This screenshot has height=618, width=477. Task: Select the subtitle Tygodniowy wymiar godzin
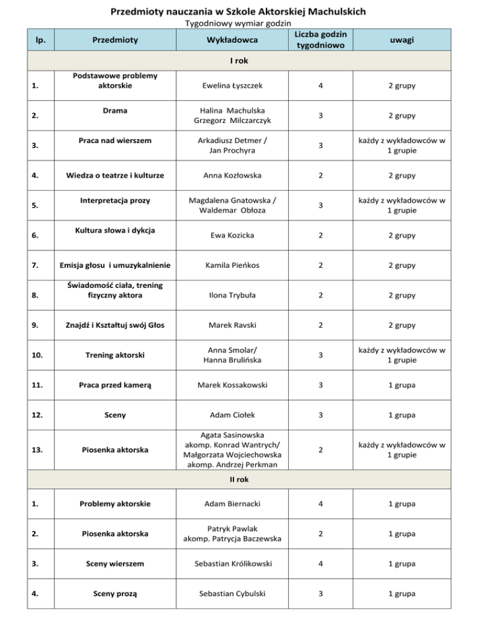tap(238, 24)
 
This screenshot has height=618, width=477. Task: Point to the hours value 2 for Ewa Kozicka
tap(321, 236)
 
